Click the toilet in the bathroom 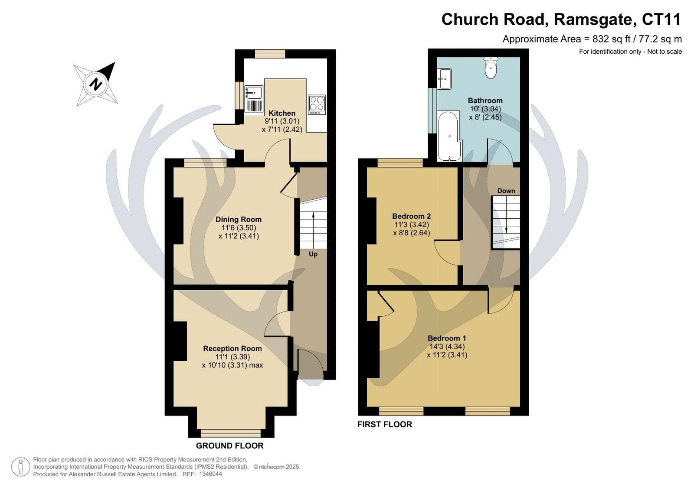[491, 68]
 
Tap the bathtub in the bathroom [449, 136]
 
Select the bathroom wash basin [444, 79]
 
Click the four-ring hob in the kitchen [317, 104]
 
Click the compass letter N [96, 84]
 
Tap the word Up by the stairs [313, 254]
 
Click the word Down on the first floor [506, 191]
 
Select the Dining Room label [239, 220]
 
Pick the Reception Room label [232, 348]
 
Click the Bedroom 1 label [447, 338]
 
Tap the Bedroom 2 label [412, 216]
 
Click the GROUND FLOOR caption [229, 446]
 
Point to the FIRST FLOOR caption [385, 425]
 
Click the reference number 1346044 [211, 474]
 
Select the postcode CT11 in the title [661, 19]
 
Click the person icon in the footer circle [21, 467]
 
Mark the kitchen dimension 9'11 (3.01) [282, 121]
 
